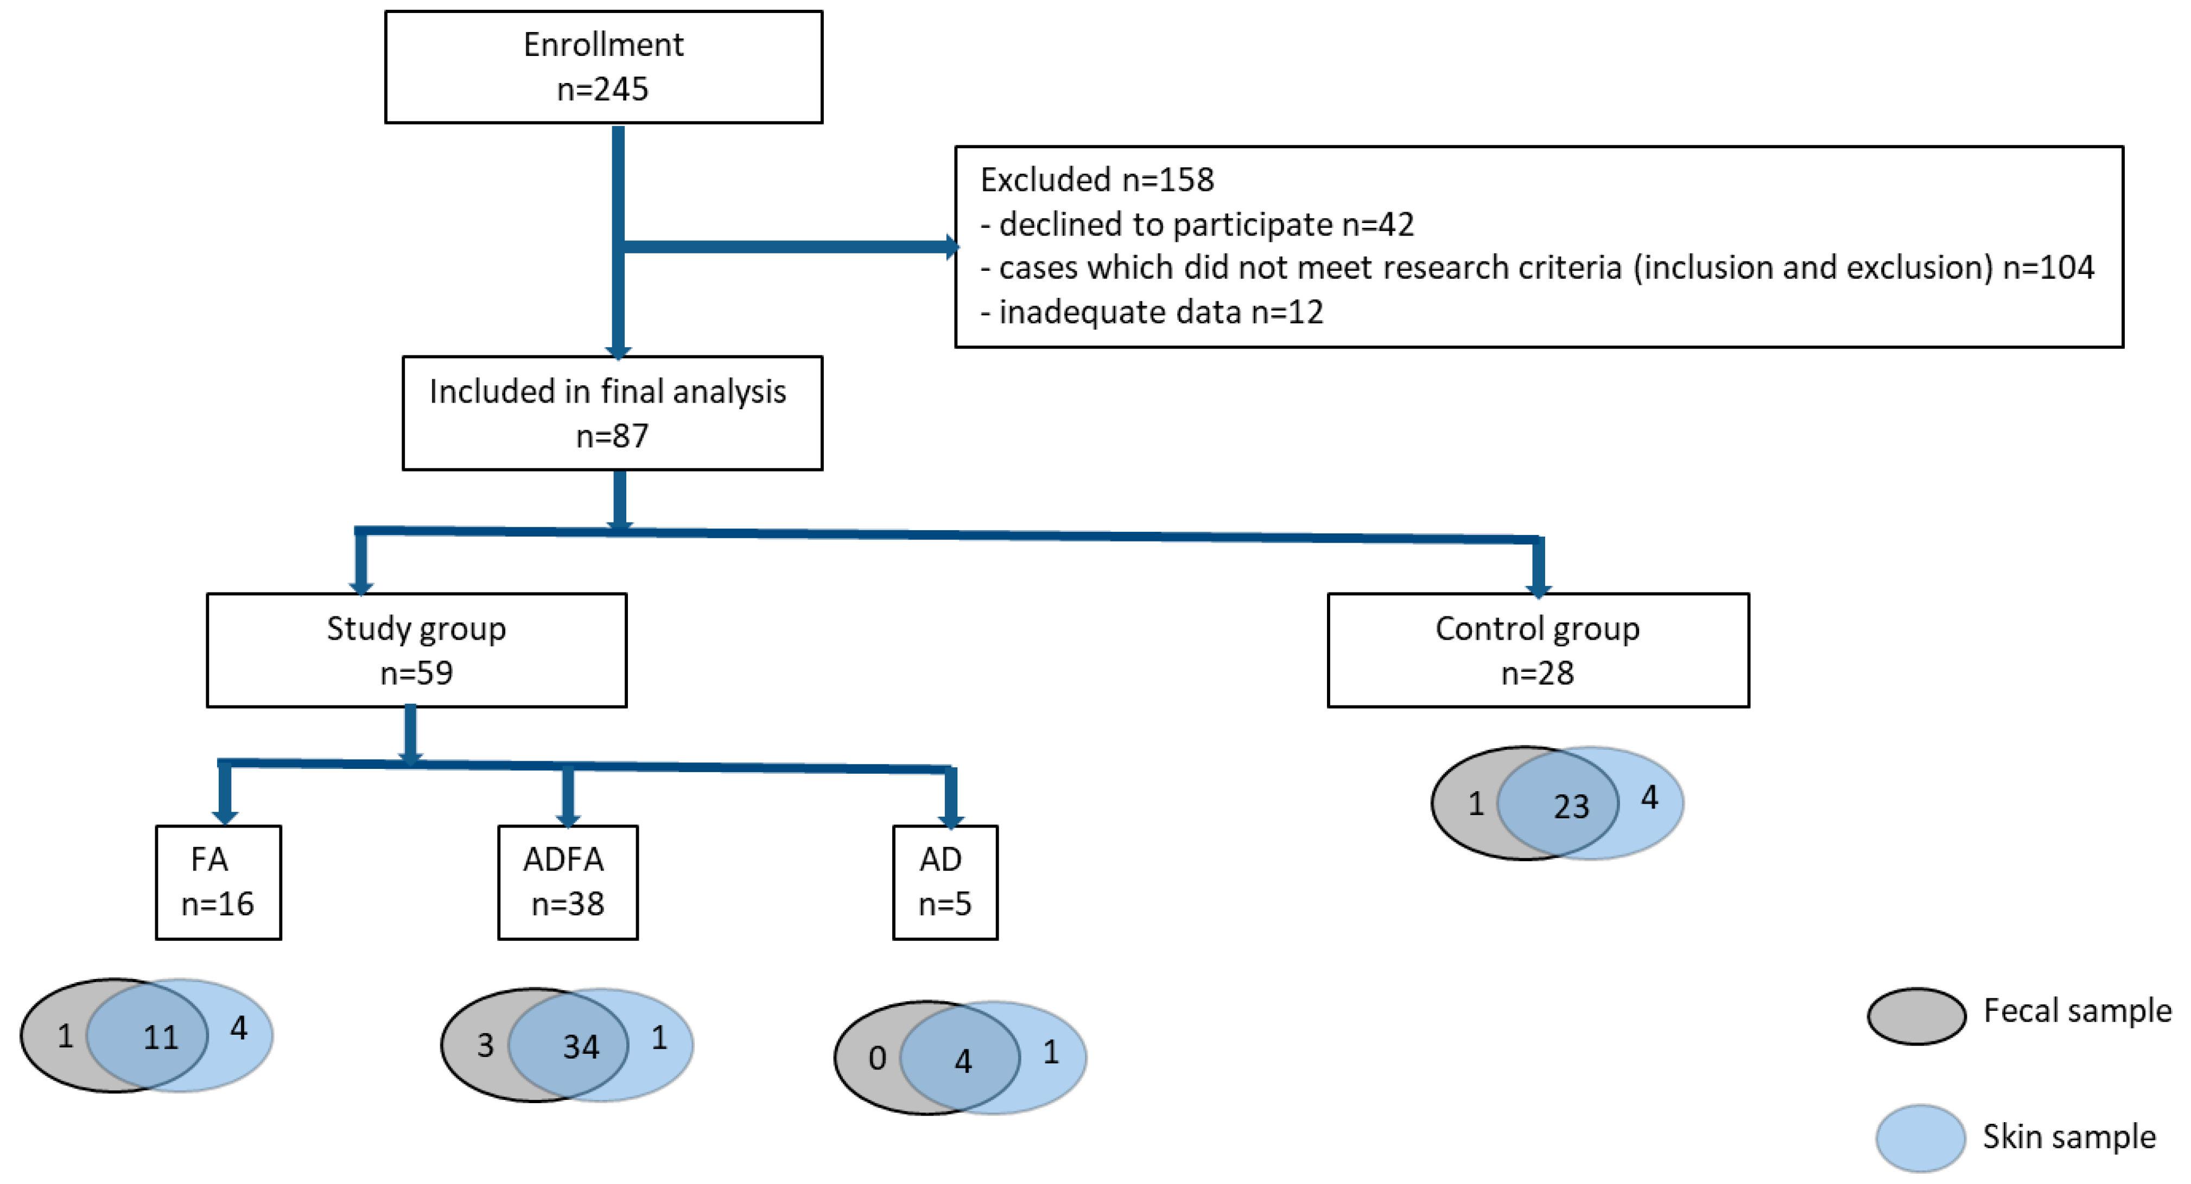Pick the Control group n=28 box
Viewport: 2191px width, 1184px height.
[x=1537, y=650]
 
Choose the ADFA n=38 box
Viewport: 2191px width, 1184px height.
[x=567, y=882]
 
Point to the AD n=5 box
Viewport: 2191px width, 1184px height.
[x=944, y=882]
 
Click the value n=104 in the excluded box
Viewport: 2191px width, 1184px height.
[x=2048, y=268]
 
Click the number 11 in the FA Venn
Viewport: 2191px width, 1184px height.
[x=160, y=1037]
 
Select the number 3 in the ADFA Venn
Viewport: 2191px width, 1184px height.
[x=485, y=1045]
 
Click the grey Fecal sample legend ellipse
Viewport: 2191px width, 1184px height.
[x=1916, y=1016]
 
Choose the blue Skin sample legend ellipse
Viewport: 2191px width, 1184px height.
[x=1920, y=1138]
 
